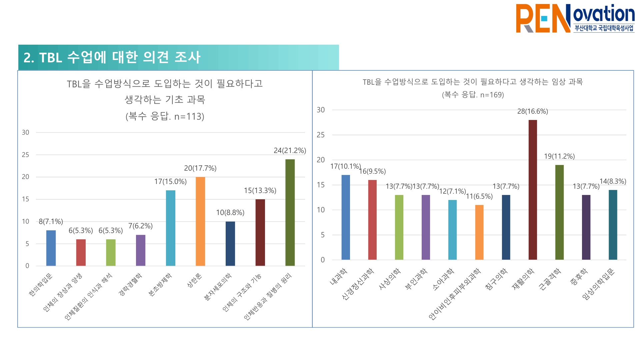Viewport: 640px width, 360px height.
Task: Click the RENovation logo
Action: tap(575, 18)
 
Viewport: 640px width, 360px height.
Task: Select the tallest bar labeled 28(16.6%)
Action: tap(533, 190)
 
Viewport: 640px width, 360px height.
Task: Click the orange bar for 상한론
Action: tap(200, 221)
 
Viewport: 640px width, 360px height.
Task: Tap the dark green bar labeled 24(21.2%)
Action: tap(290, 212)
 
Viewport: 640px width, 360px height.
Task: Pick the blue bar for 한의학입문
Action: tap(51, 248)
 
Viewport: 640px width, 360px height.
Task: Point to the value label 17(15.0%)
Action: tap(170, 182)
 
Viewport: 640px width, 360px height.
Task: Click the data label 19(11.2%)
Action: tap(559, 156)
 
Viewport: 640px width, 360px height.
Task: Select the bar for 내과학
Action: tap(346, 217)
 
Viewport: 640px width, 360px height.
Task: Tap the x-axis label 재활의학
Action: tap(523, 279)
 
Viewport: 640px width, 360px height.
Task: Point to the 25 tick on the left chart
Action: tap(26, 155)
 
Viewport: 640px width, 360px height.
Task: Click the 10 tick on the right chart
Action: tap(321, 210)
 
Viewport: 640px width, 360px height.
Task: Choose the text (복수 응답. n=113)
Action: tap(165, 116)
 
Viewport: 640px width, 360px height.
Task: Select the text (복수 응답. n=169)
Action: tap(473, 95)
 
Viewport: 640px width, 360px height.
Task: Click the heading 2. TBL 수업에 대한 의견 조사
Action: tap(112, 57)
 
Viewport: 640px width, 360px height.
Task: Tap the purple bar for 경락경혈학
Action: tap(141, 250)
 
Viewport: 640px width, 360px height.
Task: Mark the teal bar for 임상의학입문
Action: tap(613, 225)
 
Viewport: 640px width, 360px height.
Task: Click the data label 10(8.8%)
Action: tap(230, 213)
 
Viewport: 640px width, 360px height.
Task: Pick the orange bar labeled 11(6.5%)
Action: tap(479, 232)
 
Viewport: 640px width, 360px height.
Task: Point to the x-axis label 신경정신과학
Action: tap(357, 284)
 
